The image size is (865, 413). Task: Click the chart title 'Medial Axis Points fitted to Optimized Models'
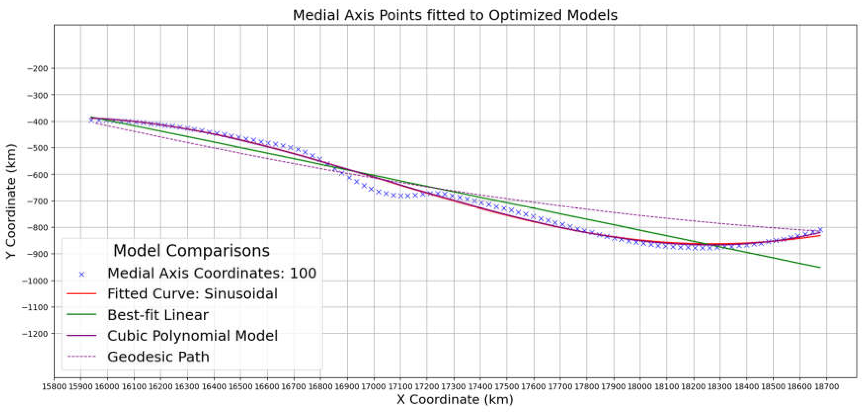[455, 15]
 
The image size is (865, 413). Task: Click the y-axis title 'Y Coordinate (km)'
[11, 201]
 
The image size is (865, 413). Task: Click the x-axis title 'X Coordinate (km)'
[455, 399]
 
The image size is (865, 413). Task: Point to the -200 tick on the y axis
[38, 69]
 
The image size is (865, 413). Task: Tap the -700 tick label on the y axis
[38, 201]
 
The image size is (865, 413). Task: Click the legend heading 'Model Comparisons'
[191, 251]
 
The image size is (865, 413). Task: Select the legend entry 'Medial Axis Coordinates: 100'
[212, 273]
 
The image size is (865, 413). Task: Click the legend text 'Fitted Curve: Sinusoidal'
[192, 294]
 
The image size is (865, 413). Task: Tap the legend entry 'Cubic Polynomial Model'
[192, 336]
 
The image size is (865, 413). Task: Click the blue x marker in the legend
[82, 274]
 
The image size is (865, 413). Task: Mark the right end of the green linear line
[820, 267]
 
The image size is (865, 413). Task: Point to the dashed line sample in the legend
[82, 356]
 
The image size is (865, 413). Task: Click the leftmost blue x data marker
[91, 119]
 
